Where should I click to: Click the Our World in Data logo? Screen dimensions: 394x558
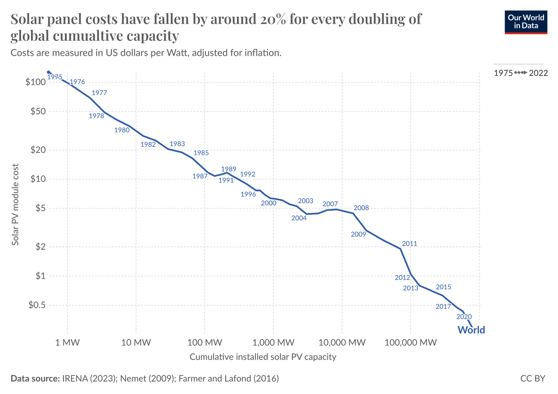tap(526, 22)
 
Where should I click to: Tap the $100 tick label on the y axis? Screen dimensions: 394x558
tap(35, 82)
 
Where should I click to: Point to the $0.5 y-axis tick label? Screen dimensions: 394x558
tap(36, 305)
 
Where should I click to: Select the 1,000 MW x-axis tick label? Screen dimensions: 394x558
tap(274, 342)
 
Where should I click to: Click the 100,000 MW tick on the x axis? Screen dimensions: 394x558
tap(410, 342)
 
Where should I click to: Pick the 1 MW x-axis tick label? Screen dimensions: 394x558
tap(67, 342)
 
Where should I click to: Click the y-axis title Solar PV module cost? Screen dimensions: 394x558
tap(15, 205)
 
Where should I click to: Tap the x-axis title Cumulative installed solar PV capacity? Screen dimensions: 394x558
tap(263, 357)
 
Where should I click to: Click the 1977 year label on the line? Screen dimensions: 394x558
tap(99, 93)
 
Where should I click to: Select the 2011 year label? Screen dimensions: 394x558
tap(410, 244)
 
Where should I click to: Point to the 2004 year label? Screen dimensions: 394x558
tap(299, 218)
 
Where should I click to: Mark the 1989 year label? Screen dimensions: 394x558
tap(229, 169)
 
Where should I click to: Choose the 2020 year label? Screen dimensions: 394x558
tap(464, 317)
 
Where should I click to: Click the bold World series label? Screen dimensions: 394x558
tap(471, 330)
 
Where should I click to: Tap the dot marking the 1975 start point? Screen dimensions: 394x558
tap(49, 72)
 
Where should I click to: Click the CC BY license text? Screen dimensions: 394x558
tap(533, 378)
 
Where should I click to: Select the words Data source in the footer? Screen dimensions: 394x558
tap(35, 378)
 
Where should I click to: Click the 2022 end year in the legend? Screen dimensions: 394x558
tap(538, 73)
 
